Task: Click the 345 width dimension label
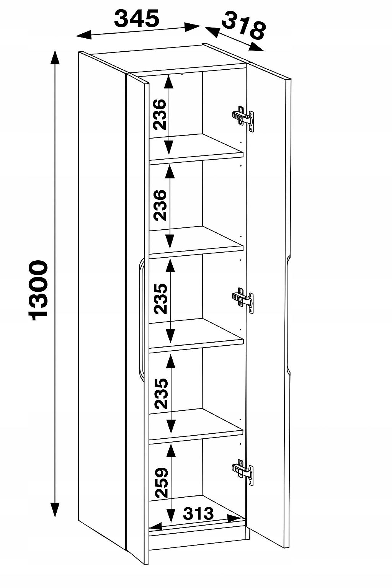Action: click(137, 18)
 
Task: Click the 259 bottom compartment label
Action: click(161, 482)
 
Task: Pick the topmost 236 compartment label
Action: click(160, 114)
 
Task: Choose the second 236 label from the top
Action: click(160, 205)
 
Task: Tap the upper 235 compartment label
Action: click(160, 299)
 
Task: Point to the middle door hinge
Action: click(243, 300)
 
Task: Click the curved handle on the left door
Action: click(141, 319)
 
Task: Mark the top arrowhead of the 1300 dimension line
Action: click(55, 57)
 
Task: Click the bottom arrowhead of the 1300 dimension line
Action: click(55, 510)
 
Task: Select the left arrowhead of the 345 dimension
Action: click(83, 35)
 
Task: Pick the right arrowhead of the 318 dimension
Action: click(256, 47)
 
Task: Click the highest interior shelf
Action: click(196, 149)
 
